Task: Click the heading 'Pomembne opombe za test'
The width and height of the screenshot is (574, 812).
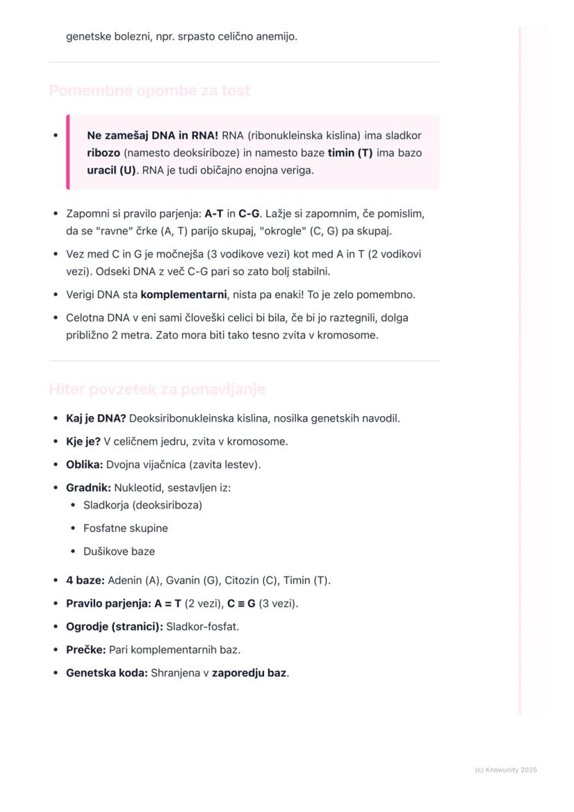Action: click(150, 91)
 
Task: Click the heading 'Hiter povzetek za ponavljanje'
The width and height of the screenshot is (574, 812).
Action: click(157, 390)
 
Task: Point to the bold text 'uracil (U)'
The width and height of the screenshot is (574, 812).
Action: click(112, 171)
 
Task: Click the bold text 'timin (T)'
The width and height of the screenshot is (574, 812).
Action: click(350, 153)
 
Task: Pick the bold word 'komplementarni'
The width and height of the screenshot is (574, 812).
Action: click(184, 295)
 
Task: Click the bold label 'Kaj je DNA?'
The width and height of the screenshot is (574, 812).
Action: click(96, 419)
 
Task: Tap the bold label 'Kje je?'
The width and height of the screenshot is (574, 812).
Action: click(83, 442)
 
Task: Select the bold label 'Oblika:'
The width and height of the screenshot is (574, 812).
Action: click(85, 465)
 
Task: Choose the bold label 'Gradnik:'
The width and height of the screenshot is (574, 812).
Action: click(88, 488)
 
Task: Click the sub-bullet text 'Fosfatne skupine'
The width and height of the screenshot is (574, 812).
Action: click(125, 528)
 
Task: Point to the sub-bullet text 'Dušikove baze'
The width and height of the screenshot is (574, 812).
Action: click(119, 552)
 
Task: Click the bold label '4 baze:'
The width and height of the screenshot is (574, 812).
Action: click(85, 580)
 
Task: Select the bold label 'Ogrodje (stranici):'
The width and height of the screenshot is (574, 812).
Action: click(114, 627)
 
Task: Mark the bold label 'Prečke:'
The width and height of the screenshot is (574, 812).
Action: click(86, 650)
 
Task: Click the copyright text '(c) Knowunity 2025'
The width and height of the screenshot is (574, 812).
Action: click(506, 770)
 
